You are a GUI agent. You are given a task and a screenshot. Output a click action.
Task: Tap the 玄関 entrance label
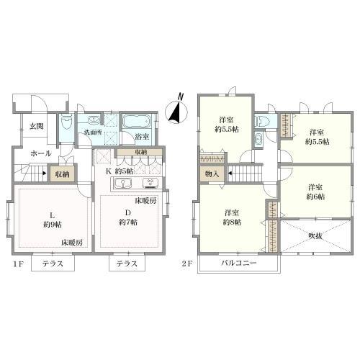[37, 126]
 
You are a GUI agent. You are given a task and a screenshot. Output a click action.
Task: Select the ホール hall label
[41, 153]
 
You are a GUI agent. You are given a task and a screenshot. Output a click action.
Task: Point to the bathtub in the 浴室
[137, 122]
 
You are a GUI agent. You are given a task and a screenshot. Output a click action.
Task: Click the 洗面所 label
[93, 132]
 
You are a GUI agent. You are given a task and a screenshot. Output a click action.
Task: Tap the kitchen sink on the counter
[122, 184]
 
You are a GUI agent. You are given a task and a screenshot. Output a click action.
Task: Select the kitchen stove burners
[151, 183]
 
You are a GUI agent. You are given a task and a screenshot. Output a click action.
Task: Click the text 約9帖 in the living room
[53, 225]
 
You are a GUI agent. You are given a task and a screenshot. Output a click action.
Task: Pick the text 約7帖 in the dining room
[128, 222]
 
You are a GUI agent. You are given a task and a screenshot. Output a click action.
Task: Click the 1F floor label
[18, 264]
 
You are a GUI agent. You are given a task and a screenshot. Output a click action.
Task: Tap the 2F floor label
[187, 264]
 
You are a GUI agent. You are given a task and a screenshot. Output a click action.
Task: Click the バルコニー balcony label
[239, 263]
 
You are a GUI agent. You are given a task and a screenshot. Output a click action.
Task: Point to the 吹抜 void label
[315, 236]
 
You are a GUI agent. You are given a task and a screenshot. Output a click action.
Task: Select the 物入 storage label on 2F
[212, 174]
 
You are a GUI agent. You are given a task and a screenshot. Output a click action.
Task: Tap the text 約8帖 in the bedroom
[232, 222]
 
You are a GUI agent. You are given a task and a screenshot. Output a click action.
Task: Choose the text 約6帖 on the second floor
[315, 197]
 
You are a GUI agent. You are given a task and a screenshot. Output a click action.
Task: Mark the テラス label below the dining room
[127, 264]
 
